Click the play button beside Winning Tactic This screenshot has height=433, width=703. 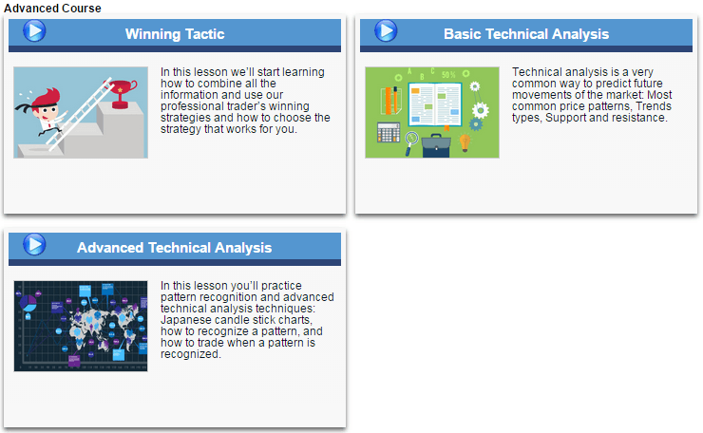(34, 30)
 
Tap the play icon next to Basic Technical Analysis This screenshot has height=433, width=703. (386, 30)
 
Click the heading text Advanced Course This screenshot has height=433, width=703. (52, 8)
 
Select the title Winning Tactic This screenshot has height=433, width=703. (175, 34)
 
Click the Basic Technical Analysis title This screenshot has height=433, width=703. (526, 34)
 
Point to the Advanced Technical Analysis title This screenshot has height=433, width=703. (174, 248)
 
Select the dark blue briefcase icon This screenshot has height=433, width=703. (436, 144)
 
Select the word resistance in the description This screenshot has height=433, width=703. (641, 118)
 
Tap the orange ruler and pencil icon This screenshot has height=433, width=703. (390, 99)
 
